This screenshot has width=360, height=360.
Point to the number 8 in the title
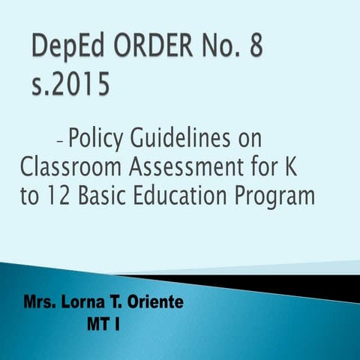click(257, 50)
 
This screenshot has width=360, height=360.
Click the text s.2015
click(70, 84)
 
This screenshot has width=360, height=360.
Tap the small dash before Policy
click(59, 139)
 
